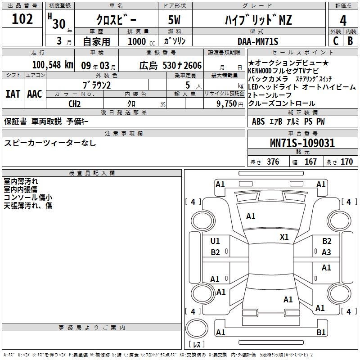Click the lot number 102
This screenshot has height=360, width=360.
click(22, 19)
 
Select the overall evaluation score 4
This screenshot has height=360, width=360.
click(343, 21)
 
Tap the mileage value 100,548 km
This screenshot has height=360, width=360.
click(53, 65)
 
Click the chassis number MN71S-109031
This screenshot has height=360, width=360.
click(302, 143)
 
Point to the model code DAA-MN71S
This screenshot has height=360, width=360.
click(258, 41)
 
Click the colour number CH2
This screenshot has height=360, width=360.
click(74, 104)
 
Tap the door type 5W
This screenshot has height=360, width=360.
click(174, 20)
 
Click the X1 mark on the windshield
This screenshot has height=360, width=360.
click(284, 237)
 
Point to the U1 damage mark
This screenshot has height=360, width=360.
click(215, 241)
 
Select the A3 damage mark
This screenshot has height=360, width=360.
click(326, 252)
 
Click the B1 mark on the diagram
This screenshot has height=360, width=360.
click(321, 332)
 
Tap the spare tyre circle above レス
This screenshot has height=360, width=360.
click(197, 328)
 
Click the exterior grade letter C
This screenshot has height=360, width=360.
click(336, 41)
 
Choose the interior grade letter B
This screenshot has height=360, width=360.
click(350, 41)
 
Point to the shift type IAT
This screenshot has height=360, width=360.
click(13, 94)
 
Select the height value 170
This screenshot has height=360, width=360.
click(346, 162)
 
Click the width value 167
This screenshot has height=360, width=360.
click(310, 162)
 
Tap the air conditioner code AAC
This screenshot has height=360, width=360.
click(35, 94)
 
